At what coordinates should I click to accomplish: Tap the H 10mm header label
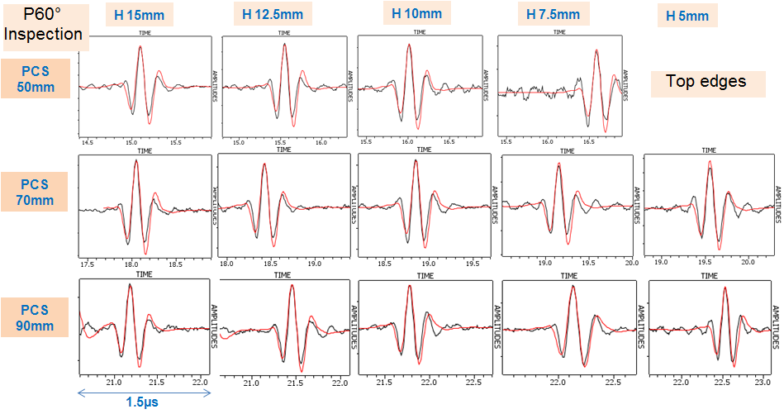(x=417, y=13)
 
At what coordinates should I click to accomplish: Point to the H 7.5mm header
(x=554, y=14)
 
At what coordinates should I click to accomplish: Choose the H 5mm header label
(x=687, y=16)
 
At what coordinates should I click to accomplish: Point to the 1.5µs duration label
(x=142, y=402)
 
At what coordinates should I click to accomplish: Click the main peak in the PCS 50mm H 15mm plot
(x=140, y=46)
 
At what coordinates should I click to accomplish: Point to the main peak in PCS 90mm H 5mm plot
(x=725, y=288)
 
